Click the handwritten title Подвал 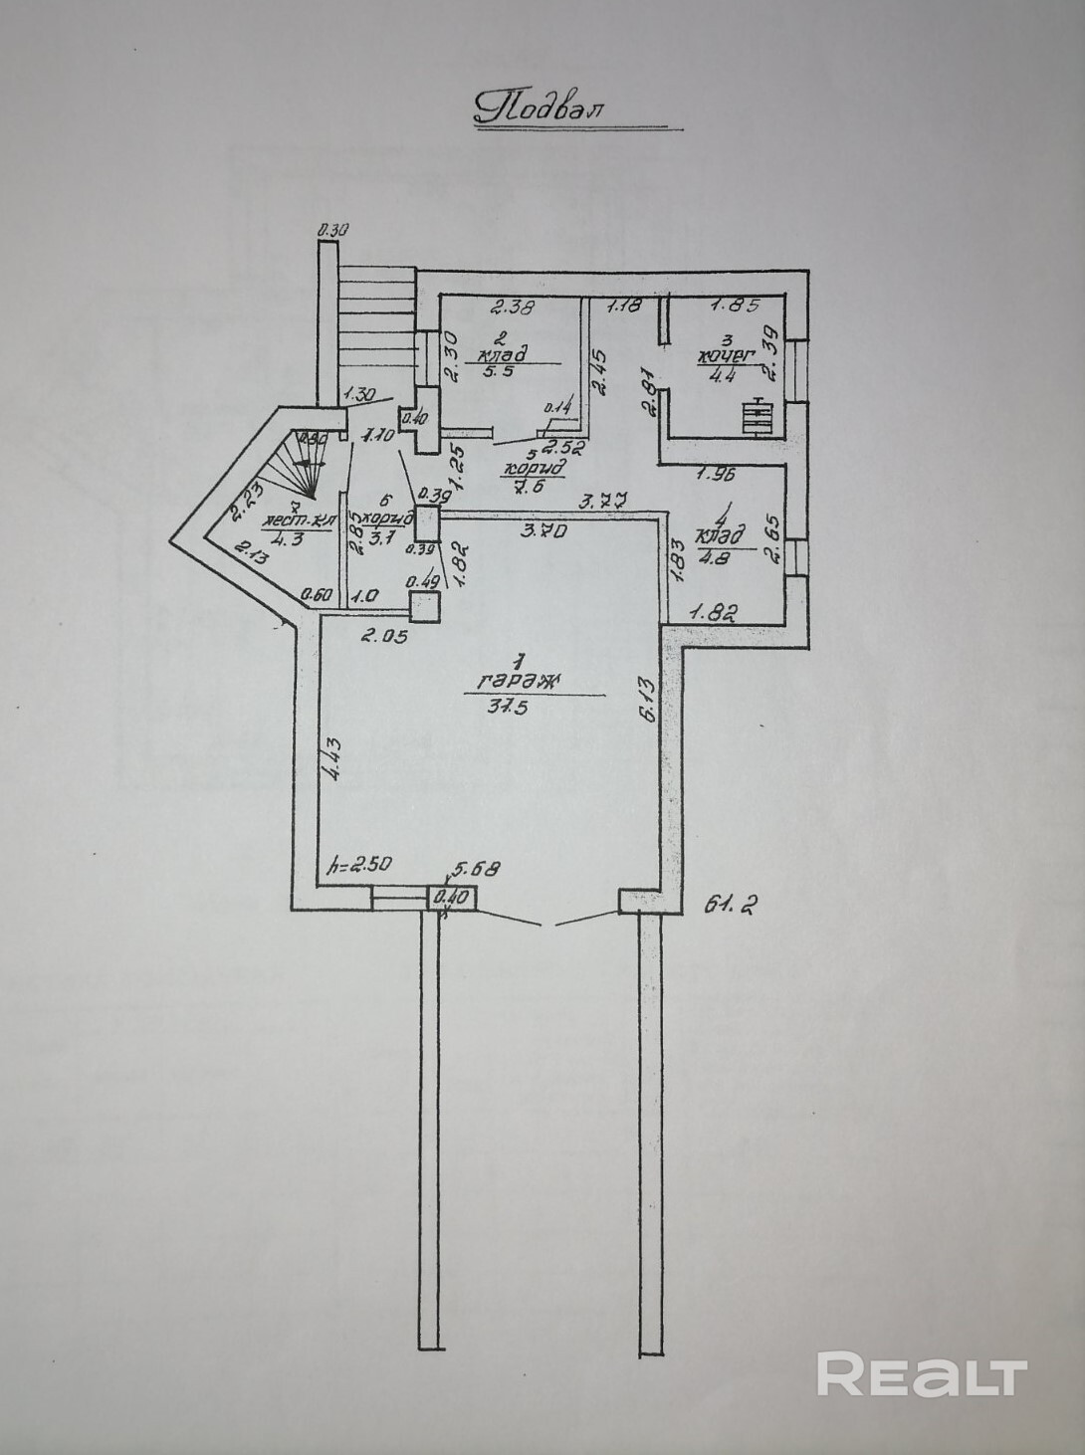pos(539,107)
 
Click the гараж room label pos(520,682)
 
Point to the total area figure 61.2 pos(732,905)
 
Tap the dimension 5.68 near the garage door pos(476,868)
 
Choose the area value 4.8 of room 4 pos(717,557)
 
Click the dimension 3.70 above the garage pos(546,531)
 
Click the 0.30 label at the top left pos(332,231)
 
